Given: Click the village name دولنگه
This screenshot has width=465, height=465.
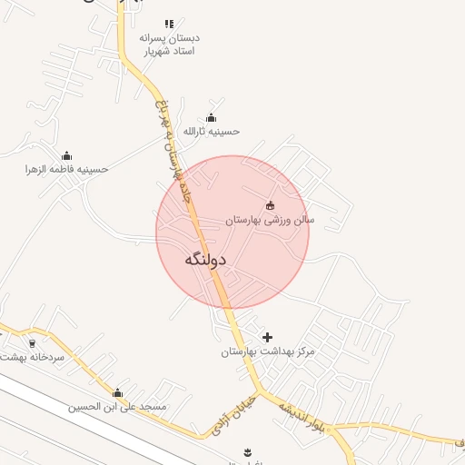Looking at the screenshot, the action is click(204, 260).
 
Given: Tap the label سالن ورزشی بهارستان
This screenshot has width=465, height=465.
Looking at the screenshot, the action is click(270, 220).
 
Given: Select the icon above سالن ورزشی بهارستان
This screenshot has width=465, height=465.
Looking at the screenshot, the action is click(270, 205).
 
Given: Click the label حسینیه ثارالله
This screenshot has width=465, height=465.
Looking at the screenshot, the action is click(212, 131).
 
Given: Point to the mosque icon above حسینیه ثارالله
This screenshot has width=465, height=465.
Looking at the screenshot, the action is click(212, 117).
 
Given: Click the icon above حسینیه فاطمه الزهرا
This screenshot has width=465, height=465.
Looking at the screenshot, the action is click(66, 156).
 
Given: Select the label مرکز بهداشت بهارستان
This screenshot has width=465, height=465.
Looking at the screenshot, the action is click(267, 351).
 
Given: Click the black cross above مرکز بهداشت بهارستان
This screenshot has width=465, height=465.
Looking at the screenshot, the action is click(267, 337).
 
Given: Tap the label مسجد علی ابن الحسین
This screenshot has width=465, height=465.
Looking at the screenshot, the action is click(117, 406).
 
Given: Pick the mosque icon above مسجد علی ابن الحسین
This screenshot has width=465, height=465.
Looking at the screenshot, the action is click(117, 392).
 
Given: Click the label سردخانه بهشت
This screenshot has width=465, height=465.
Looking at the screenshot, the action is click(33, 357).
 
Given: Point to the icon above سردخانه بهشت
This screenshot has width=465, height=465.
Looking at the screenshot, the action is click(33, 343).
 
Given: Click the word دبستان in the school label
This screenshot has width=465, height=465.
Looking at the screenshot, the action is click(182, 38).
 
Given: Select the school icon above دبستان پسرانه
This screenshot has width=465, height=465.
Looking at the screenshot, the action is click(169, 25).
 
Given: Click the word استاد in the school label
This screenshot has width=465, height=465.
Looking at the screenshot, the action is click(185, 52).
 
